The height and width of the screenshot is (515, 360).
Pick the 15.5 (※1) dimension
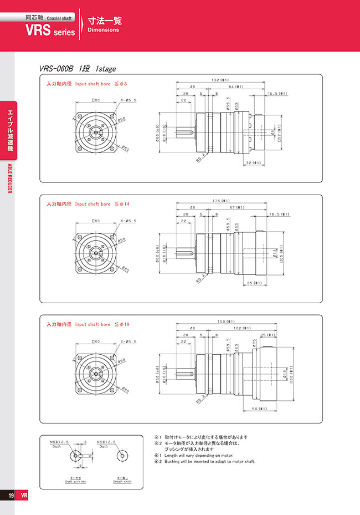(x=276, y=94)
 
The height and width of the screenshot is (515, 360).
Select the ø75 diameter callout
(x=253, y=344)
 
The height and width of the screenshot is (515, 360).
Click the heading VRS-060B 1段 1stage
(x=78, y=69)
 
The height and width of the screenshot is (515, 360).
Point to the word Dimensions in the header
(x=104, y=30)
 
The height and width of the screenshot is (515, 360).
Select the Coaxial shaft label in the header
(x=59, y=18)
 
